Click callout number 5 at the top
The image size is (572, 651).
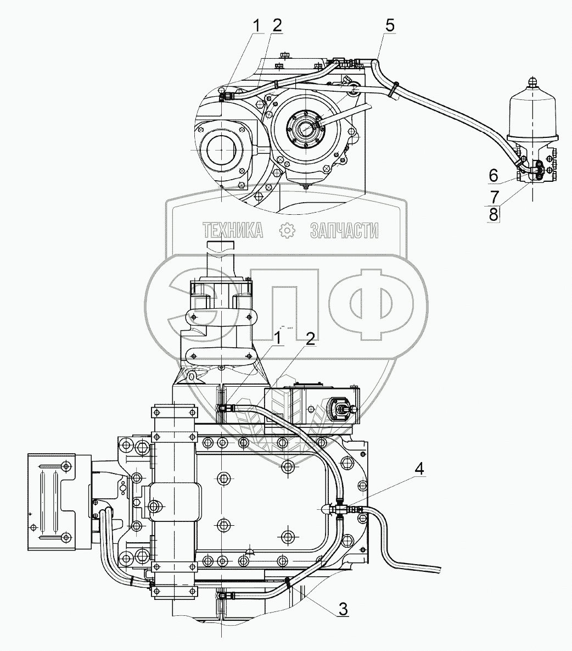point(389,25)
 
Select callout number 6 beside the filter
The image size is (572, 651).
point(494,175)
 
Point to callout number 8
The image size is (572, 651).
point(494,214)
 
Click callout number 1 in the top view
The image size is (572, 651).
point(256,24)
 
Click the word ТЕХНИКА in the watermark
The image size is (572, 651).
point(233,231)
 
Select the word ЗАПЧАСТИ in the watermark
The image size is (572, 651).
point(344,231)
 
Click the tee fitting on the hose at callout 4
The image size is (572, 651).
point(340,509)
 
